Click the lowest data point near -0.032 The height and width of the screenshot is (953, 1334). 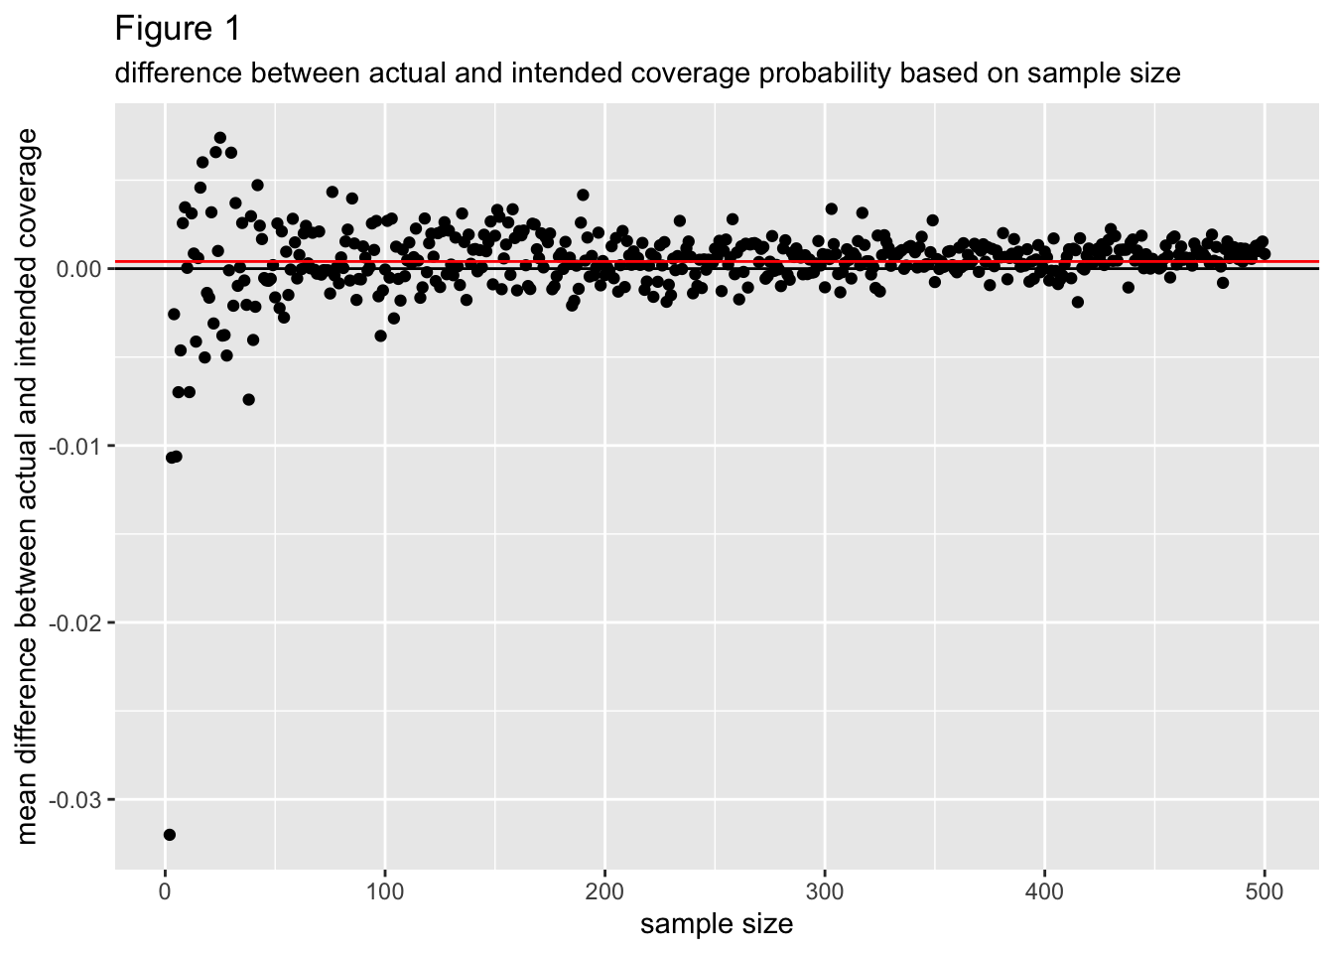click(x=170, y=835)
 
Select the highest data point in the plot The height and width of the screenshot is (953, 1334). click(x=220, y=138)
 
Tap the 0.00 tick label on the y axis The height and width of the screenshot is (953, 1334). click(x=80, y=269)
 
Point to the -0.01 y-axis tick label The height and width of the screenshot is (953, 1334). click(x=78, y=446)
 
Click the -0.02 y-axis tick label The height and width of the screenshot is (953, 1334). click(x=78, y=622)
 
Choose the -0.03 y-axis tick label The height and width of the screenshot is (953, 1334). click(x=78, y=800)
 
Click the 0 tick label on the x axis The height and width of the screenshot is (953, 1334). click(x=165, y=892)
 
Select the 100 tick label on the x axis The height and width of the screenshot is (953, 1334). click(x=385, y=892)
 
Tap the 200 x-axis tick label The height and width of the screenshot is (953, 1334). click(x=604, y=892)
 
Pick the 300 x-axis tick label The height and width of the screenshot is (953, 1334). click(x=825, y=892)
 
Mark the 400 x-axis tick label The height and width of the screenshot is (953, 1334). click(x=1044, y=892)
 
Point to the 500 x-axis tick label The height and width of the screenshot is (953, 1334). click(x=1265, y=892)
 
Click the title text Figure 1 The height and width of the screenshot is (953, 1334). click(x=178, y=29)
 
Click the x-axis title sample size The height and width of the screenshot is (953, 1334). click(x=717, y=925)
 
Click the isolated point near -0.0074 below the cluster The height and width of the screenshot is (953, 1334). click(x=248, y=400)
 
